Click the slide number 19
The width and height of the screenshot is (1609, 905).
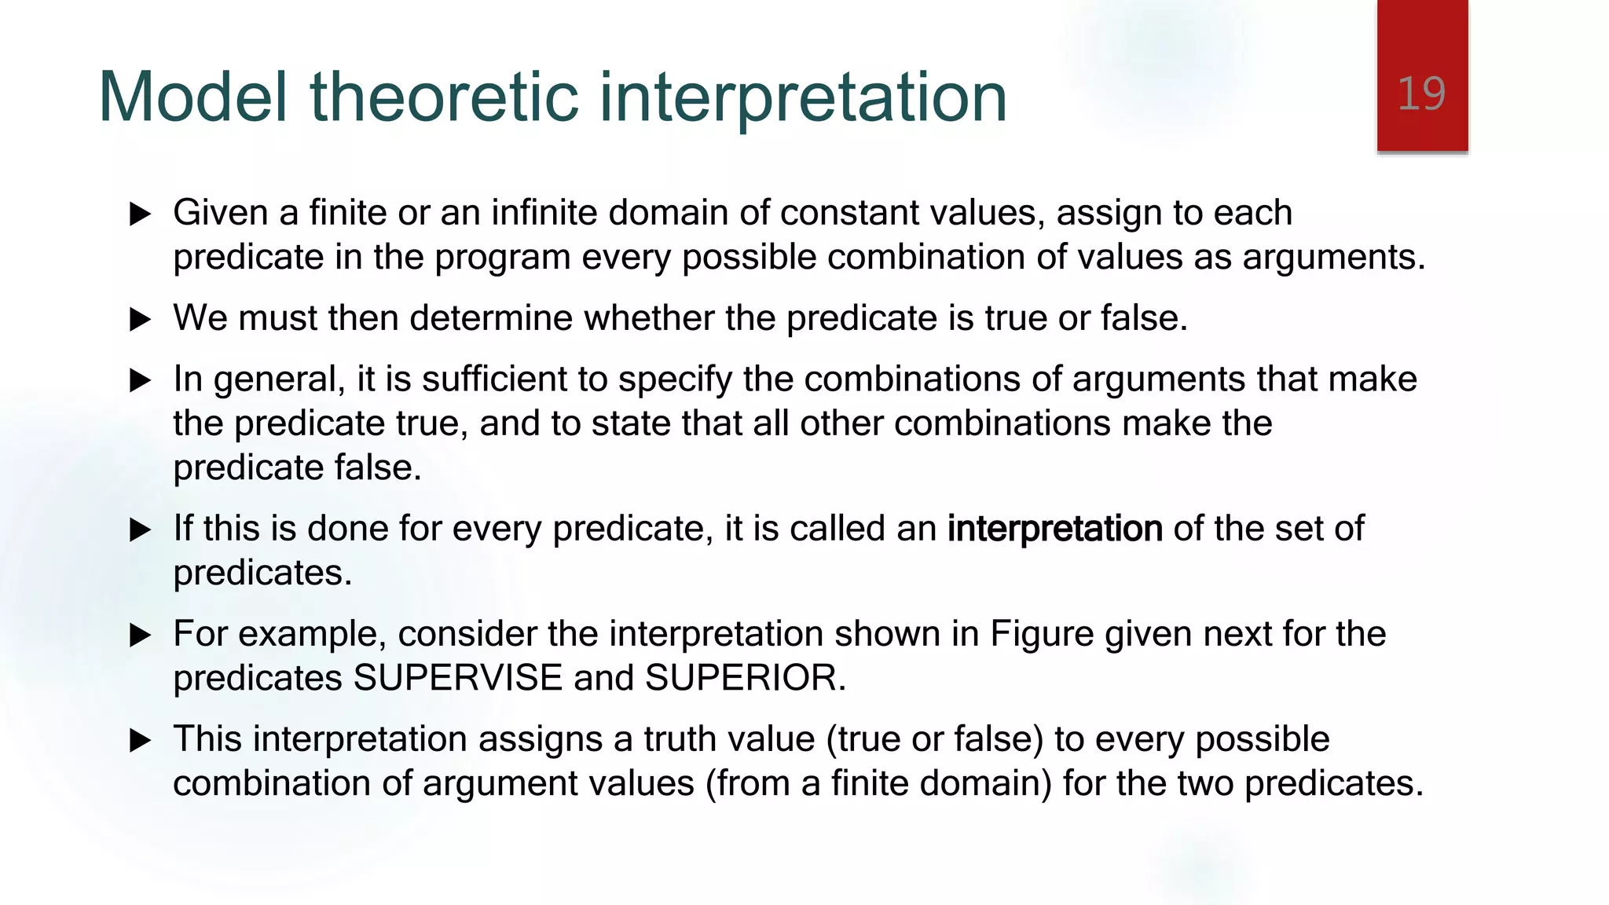pyautogui.click(x=1421, y=94)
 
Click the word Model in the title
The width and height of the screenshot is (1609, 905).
pyautogui.click(x=193, y=97)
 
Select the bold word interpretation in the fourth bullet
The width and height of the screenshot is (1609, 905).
pyautogui.click(x=1054, y=529)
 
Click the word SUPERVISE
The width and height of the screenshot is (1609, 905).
pyautogui.click(x=458, y=678)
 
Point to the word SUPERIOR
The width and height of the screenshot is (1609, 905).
pyautogui.click(x=745, y=678)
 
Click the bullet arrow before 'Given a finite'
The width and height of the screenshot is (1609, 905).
pyautogui.click(x=140, y=214)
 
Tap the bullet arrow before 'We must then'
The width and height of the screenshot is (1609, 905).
pyautogui.click(x=140, y=319)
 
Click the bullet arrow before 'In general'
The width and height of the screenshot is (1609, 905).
pyautogui.click(x=140, y=380)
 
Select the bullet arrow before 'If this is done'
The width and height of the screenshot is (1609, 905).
pyautogui.click(x=140, y=529)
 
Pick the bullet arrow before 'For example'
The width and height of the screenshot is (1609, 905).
pyautogui.click(x=140, y=635)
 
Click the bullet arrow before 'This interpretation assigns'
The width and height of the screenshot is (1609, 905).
pyautogui.click(x=140, y=740)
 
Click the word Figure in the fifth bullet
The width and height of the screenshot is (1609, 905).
pyautogui.click(x=1042, y=634)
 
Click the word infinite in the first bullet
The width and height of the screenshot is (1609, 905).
pyautogui.click(x=544, y=213)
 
